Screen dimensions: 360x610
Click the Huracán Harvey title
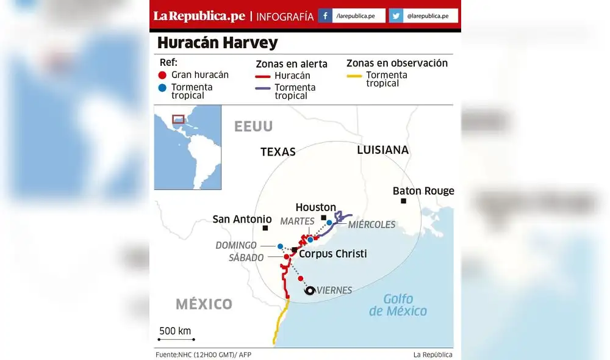click(x=217, y=43)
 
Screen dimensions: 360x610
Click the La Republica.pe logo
click(x=199, y=16)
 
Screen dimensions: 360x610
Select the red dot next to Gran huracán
click(x=162, y=75)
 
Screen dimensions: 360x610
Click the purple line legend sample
click(x=263, y=88)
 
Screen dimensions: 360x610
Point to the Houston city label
click(x=315, y=207)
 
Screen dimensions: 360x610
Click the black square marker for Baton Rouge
click(x=403, y=201)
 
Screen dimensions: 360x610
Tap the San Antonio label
click(x=242, y=219)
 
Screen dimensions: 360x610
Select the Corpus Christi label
click(x=332, y=254)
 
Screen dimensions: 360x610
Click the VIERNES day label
click(x=334, y=290)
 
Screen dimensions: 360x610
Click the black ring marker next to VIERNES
click(x=310, y=291)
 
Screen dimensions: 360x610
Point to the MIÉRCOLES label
click(x=371, y=225)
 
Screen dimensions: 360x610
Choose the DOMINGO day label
click(x=236, y=245)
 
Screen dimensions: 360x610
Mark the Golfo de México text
click(x=398, y=305)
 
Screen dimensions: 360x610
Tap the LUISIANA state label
click(x=382, y=150)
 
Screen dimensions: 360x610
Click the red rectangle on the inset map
click(x=178, y=119)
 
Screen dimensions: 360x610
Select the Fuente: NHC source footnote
click(x=203, y=355)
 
